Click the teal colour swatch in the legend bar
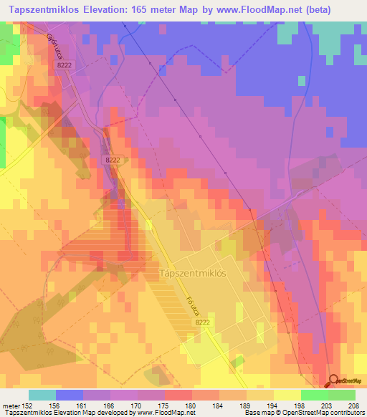pos(42,394)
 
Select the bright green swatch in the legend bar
pos(314,394)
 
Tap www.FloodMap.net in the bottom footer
pos(162,412)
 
